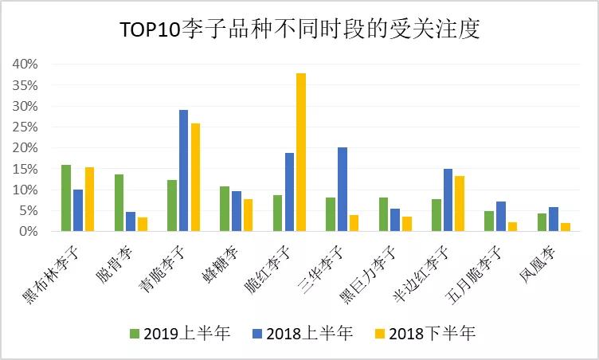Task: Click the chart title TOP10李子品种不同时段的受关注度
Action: (x=299, y=29)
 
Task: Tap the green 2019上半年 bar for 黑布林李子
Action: (x=66, y=198)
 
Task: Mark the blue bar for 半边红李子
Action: (x=448, y=200)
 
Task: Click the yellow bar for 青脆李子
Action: (x=195, y=178)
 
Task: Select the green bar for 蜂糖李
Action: (x=225, y=209)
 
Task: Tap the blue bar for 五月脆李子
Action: (x=500, y=217)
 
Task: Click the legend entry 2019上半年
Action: (x=179, y=334)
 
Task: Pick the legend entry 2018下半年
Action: (x=424, y=334)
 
